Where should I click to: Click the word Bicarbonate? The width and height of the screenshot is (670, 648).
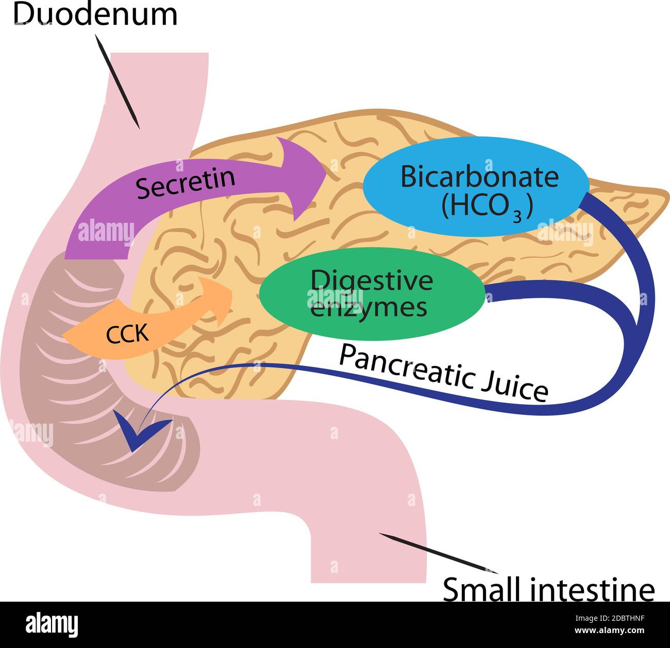[479, 177]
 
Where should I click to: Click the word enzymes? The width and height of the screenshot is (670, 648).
[370, 308]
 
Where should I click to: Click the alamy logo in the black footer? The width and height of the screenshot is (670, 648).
[52, 625]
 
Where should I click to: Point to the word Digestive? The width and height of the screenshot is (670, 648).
[372, 281]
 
